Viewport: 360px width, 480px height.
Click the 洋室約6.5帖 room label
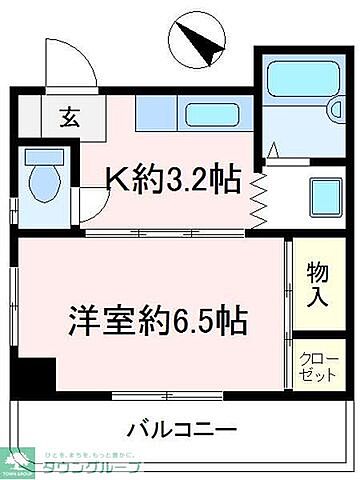pyautogui.click(x=157, y=323)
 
